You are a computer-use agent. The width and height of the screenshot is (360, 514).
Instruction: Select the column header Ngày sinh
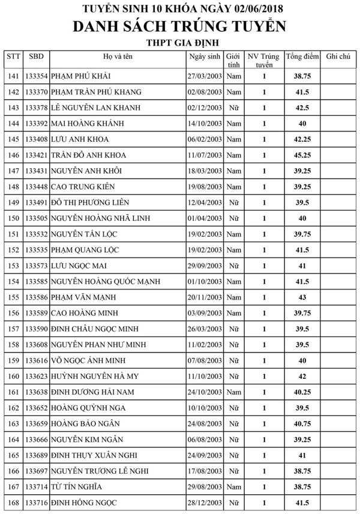tap(205, 56)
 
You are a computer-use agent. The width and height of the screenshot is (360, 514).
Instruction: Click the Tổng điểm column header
tap(302, 56)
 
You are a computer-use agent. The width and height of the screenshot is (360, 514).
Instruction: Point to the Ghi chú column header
tap(338, 56)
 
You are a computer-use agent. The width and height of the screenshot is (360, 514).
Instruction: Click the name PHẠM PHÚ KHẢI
tap(80, 76)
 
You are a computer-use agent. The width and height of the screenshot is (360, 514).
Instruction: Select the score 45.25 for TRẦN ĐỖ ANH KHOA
tap(302, 155)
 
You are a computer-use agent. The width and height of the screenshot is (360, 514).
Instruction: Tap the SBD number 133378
tap(37, 108)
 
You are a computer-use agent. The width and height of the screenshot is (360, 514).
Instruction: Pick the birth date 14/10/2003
tap(205, 124)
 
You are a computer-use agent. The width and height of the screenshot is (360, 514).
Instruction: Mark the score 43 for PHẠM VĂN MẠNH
tap(302, 297)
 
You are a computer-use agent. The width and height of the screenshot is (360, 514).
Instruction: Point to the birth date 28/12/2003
tap(205, 502)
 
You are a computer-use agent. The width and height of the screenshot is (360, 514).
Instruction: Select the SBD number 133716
tap(37, 502)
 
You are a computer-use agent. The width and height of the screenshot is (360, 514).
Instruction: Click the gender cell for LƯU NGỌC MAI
tap(234, 265)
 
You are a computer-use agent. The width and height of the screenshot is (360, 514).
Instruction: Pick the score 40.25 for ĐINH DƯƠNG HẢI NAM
tap(302, 392)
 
